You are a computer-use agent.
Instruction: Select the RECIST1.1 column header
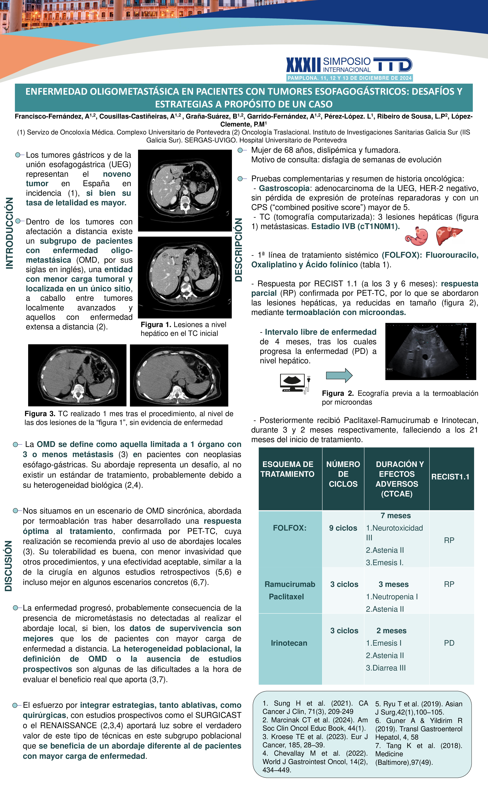click(450, 477)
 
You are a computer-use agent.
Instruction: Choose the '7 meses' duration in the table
click(395, 516)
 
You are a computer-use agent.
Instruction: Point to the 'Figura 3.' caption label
click(40, 414)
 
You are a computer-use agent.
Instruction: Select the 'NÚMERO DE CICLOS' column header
click(343, 474)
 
